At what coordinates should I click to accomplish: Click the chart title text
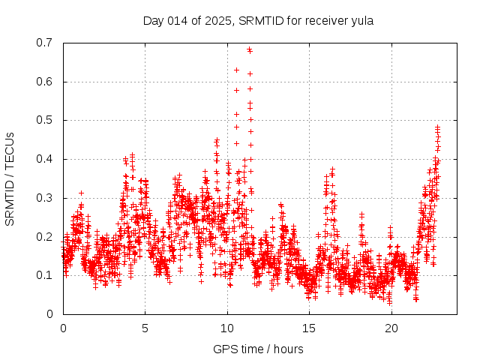(x=258, y=20)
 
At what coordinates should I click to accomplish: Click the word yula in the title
(x=361, y=20)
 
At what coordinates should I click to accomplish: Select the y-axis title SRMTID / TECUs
(x=10, y=178)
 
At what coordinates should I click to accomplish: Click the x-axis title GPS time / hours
(x=258, y=349)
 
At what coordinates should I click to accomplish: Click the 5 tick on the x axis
(x=145, y=328)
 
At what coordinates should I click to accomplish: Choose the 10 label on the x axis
(x=227, y=328)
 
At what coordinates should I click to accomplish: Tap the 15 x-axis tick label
(x=310, y=328)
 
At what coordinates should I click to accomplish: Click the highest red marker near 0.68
(x=250, y=50)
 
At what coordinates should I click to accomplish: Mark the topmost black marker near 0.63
(x=236, y=70)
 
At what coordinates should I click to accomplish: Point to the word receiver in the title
(x=323, y=20)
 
